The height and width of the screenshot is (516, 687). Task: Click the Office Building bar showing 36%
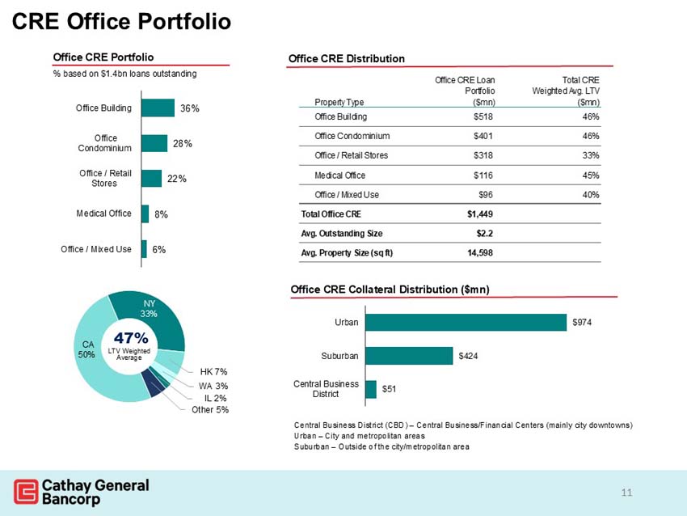[x=158, y=108]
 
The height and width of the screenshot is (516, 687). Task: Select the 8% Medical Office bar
[x=145, y=214]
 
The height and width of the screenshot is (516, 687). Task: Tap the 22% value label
[x=177, y=179]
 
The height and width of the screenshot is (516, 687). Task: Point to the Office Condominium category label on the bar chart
[x=106, y=143]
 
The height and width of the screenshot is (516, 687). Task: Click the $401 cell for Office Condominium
[x=483, y=136]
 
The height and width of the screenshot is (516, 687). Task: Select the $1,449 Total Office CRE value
[x=480, y=214]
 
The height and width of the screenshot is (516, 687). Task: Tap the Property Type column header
[x=339, y=102]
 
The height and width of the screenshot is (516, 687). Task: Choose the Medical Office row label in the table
[x=339, y=176]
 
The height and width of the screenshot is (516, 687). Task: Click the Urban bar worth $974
[x=466, y=322]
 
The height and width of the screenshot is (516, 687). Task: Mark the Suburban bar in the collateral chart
[x=409, y=356]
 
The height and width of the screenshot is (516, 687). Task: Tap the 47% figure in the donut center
[x=131, y=337]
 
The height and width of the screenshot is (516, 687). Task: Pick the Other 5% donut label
[x=210, y=410]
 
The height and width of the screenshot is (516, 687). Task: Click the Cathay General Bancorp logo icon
[x=26, y=492]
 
